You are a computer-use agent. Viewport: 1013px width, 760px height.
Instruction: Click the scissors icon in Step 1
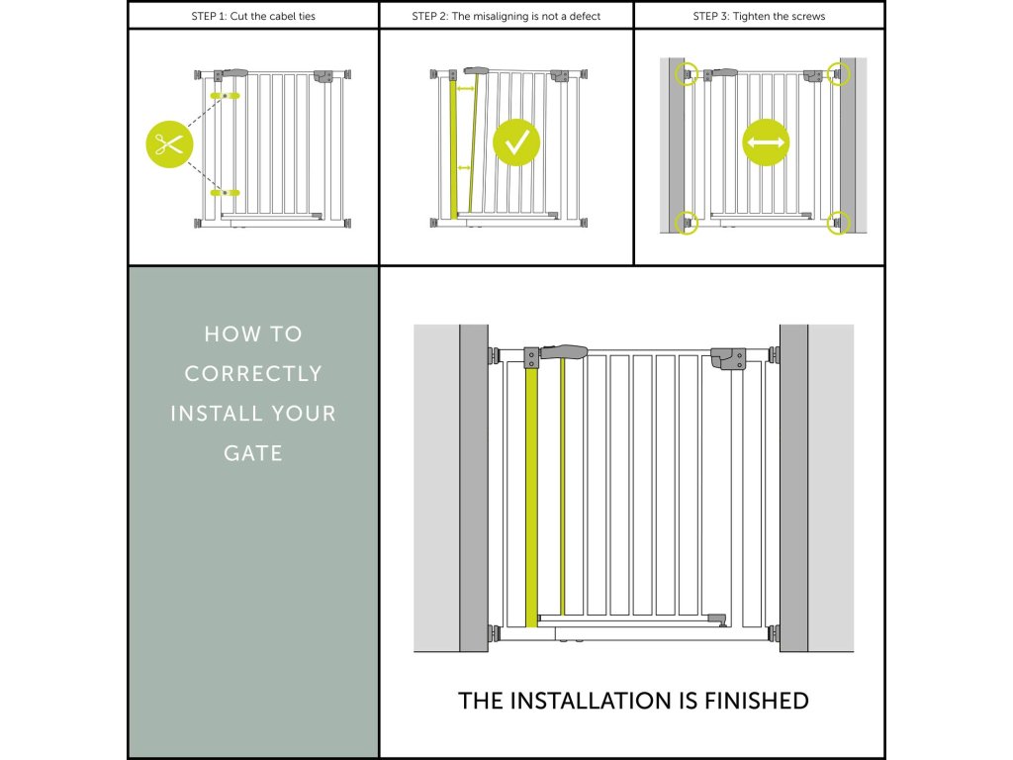click(170, 144)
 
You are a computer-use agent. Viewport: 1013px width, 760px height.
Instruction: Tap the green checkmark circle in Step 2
click(516, 142)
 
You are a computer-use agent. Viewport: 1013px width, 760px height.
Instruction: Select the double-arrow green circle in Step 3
click(766, 143)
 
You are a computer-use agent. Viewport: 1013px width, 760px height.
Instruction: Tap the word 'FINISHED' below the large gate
click(756, 701)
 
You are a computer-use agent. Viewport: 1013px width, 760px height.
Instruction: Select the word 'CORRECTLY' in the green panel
click(253, 374)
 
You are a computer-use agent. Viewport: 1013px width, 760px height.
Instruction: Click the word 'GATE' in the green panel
click(253, 453)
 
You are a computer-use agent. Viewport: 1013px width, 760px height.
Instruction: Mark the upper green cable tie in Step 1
click(226, 96)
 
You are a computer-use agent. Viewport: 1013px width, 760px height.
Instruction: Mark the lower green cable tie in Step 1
click(226, 192)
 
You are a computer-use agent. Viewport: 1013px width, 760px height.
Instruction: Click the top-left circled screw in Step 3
click(686, 73)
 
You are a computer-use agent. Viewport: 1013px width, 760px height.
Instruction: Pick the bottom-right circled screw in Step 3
click(839, 223)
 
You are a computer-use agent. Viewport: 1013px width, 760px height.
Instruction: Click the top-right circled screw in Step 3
click(839, 73)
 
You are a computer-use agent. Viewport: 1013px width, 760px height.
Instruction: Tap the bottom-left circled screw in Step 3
click(686, 223)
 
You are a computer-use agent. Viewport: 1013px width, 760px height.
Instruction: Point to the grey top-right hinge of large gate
click(727, 357)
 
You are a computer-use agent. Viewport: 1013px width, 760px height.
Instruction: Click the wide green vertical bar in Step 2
click(454, 148)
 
